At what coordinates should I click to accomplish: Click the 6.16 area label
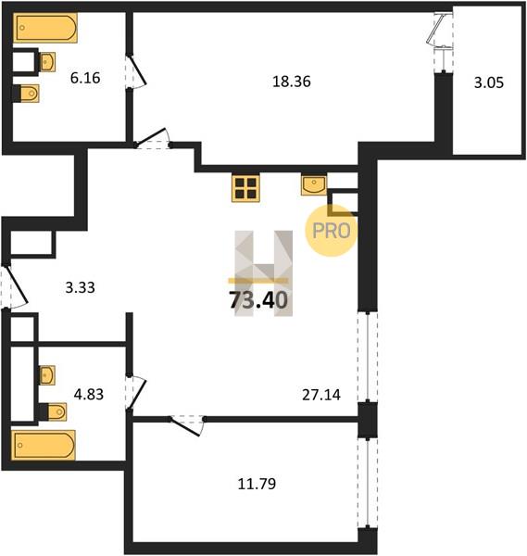click(85, 78)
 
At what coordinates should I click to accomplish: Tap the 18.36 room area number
click(292, 82)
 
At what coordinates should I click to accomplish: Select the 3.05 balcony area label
click(489, 83)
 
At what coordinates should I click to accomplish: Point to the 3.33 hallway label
click(80, 287)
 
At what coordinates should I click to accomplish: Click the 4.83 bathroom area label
click(89, 394)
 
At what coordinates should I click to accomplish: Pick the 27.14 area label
click(321, 395)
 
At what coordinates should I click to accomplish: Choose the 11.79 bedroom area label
click(257, 484)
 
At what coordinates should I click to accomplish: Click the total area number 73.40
click(258, 300)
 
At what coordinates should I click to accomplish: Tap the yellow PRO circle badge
click(332, 231)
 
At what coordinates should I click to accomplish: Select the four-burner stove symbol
click(245, 188)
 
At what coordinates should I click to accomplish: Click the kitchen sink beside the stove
click(314, 184)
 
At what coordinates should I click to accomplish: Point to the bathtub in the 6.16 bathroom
click(45, 28)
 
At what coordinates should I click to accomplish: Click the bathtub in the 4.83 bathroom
click(44, 445)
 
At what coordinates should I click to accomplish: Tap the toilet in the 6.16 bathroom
click(26, 94)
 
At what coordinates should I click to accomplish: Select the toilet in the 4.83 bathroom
click(53, 411)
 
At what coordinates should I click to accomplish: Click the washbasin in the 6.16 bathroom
click(46, 62)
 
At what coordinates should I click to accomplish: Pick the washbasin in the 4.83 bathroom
click(46, 375)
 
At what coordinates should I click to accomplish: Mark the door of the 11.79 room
click(187, 425)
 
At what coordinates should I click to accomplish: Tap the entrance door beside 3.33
click(14, 286)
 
